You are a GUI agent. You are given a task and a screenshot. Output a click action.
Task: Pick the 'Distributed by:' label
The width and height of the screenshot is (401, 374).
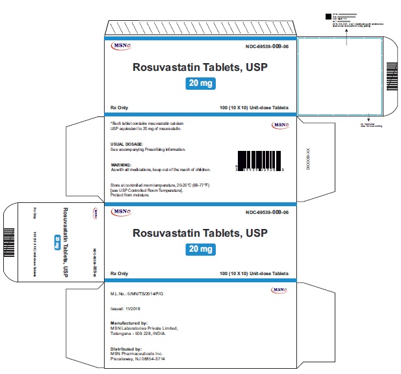(128, 348)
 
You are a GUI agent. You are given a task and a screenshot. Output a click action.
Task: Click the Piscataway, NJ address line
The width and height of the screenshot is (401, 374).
(142, 359)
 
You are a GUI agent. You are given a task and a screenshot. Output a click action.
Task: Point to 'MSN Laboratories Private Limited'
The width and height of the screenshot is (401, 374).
(144, 328)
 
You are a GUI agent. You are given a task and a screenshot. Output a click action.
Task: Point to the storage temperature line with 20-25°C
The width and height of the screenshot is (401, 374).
(162, 185)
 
